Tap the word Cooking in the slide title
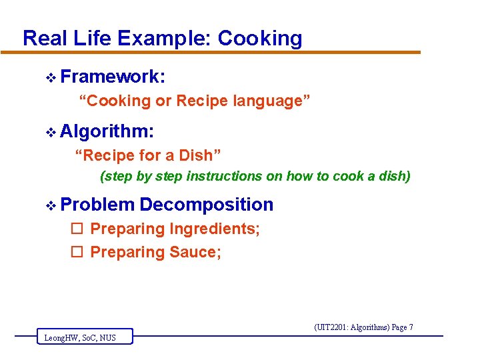(x=260, y=39)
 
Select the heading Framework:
(x=113, y=77)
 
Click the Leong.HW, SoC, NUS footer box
(x=84, y=337)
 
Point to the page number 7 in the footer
(x=411, y=327)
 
